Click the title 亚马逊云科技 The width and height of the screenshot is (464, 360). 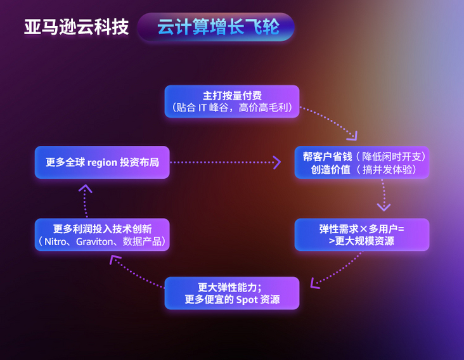point(76,27)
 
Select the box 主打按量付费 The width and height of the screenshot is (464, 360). point(232,101)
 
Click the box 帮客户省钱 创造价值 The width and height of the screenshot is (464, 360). point(362,162)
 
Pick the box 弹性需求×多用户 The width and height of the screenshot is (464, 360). point(362,235)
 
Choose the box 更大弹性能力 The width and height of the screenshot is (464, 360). point(232,293)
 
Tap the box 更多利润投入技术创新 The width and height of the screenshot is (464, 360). point(102,235)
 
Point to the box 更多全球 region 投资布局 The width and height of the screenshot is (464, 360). point(102,162)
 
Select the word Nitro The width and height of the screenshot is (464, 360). point(57,241)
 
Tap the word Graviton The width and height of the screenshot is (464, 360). point(97,241)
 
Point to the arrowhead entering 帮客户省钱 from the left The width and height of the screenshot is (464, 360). point(276,162)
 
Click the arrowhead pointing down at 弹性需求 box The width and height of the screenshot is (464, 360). point(383,206)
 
